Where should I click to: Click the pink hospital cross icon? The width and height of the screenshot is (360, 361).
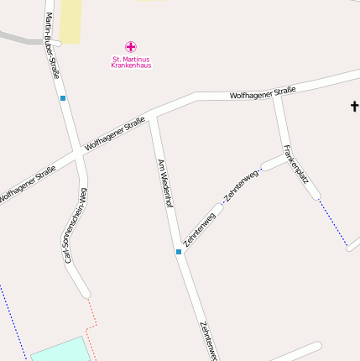click(x=130, y=47)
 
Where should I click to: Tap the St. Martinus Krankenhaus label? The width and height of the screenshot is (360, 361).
click(x=130, y=62)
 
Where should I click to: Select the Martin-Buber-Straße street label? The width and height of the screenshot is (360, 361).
click(x=52, y=46)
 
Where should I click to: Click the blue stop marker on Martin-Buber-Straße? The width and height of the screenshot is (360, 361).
click(x=63, y=98)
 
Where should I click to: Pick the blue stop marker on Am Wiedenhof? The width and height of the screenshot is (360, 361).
click(x=179, y=251)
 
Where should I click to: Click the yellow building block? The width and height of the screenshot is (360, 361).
click(x=71, y=21)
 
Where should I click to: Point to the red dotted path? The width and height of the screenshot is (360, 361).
click(x=92, y=323)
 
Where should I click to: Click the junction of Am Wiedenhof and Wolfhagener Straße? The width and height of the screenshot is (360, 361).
click(x=152, y=118)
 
